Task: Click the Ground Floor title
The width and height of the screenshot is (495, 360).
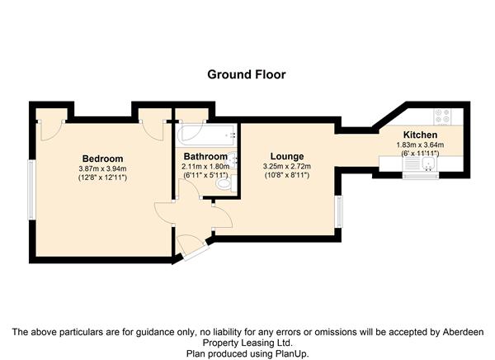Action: click(247, 74)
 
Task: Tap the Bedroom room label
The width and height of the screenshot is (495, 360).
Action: click(102, 159)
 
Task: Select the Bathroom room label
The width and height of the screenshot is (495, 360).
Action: click(205, 156)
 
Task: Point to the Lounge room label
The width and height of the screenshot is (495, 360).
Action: click(287, 156)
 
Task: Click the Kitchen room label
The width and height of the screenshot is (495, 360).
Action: click(420, 135)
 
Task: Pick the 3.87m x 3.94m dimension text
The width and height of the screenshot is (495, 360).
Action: click(102, 168)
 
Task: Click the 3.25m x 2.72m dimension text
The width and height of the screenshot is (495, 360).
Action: click(287, 166)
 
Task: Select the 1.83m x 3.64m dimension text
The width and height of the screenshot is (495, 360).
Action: click(420, 145)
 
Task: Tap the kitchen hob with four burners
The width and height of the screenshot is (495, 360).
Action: click(442, 116)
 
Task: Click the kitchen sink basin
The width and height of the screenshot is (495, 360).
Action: click(428, 163)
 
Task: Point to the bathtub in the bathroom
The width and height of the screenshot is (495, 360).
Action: click(207, 135)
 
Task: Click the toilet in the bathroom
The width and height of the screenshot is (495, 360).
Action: click(226, 184)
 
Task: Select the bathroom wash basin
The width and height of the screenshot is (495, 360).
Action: click(233, 159)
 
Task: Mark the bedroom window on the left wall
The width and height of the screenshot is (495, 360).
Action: click(31, 190)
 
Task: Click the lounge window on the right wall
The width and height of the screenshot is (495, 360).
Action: click(339, 211)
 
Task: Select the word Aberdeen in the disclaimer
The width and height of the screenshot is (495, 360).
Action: click(463, 332)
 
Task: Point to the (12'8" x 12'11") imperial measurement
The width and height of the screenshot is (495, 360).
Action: click(102, 178)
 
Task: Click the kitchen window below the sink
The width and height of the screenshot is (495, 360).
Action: click(421, 175)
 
